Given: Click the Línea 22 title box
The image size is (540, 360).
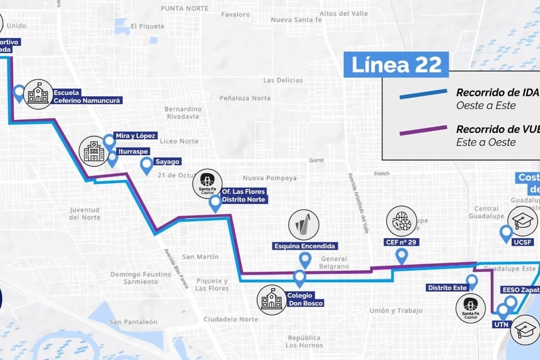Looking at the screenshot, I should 396,65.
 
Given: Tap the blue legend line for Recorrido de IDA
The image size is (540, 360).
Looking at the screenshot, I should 423,94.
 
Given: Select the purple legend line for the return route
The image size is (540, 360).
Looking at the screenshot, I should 423,131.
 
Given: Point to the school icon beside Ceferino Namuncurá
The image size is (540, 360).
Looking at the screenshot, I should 38,94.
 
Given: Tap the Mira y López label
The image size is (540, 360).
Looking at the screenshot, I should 136,135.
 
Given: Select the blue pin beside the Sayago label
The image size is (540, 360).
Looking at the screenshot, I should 146,165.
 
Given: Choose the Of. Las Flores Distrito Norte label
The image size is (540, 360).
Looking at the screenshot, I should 244,196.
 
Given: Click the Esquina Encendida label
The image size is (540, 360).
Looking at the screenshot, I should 305,246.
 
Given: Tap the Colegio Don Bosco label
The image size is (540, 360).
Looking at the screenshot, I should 305,299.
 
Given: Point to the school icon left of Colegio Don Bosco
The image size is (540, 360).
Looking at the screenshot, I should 272,300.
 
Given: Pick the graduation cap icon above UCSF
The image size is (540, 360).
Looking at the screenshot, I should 523,220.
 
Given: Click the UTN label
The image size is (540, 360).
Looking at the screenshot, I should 501,324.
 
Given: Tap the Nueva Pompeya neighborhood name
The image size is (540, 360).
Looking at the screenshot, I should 269,178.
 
